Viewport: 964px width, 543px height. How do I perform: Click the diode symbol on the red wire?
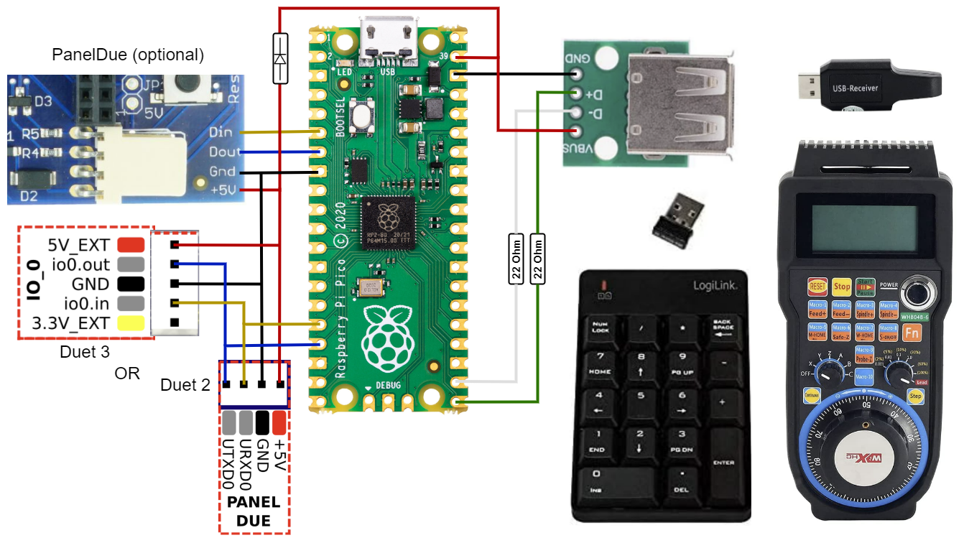(280, 58)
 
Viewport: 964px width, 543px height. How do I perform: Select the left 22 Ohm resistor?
(515, 259)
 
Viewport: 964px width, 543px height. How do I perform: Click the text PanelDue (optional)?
(128, 55)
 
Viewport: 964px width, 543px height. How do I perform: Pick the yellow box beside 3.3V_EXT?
(131, 322)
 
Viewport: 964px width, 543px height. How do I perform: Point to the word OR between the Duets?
(127, 373)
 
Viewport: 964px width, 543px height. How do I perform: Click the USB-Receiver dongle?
(868, 89)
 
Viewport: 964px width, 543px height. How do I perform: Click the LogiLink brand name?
(715, 285)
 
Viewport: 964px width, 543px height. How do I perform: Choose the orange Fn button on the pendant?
(912, 333)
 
